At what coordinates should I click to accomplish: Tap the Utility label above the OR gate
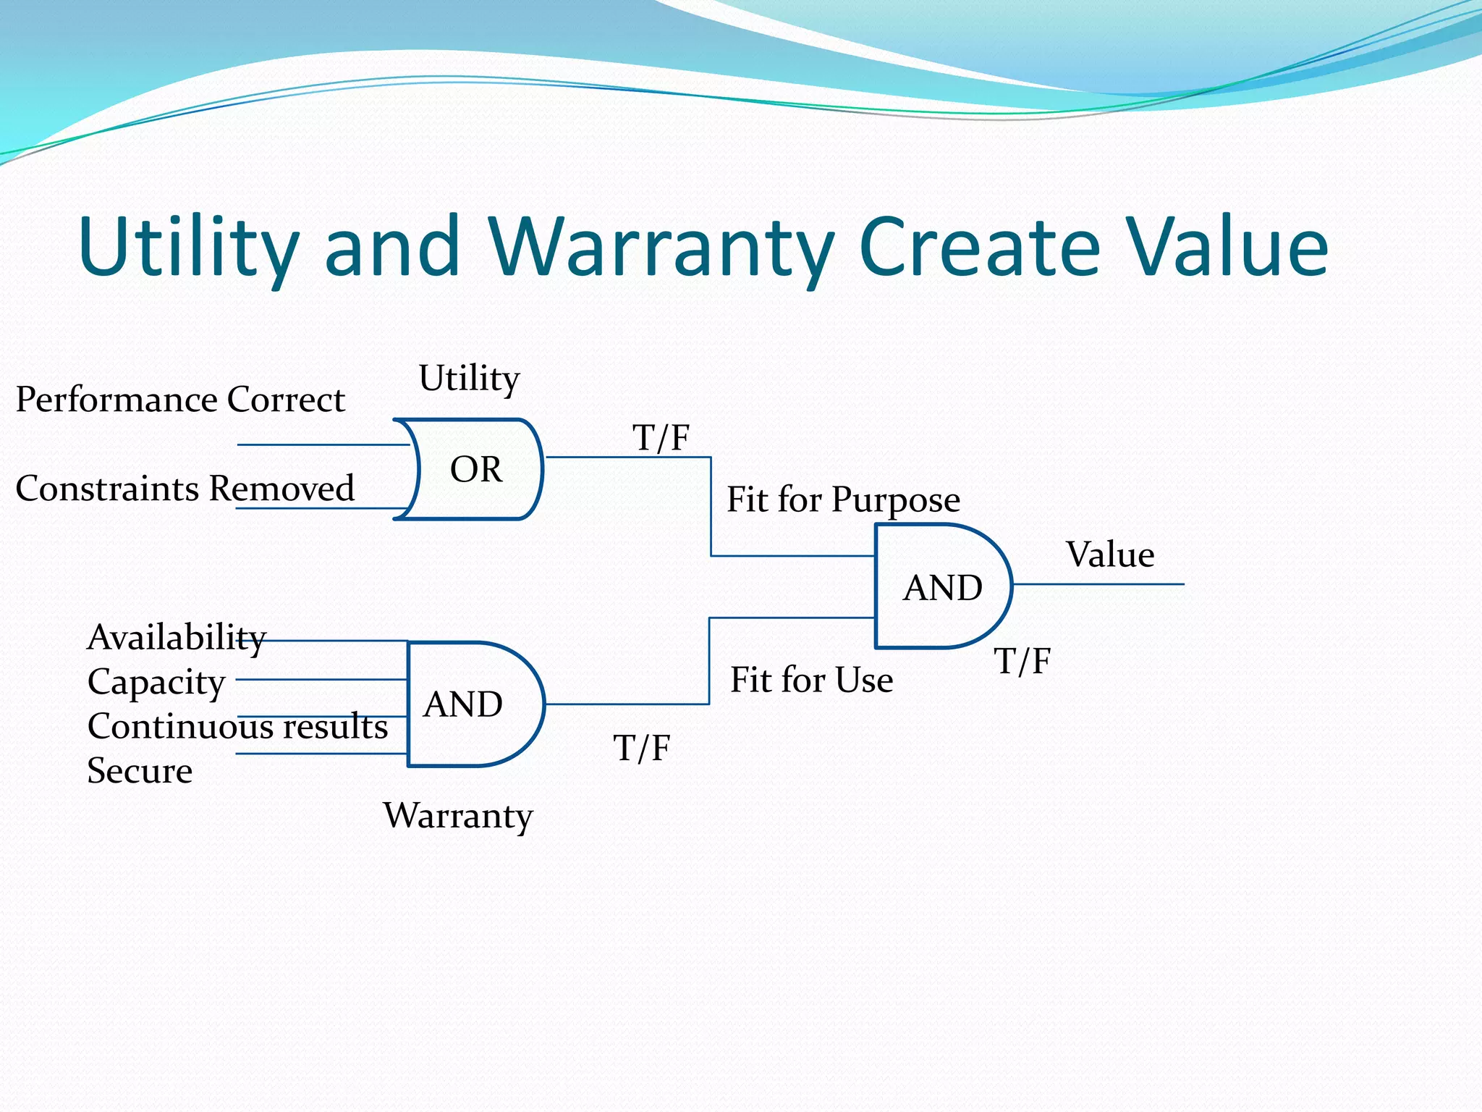click(x=469, y=379)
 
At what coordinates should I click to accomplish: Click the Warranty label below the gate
click(x=457, y=816)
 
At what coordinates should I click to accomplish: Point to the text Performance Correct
click(x=180, y=400)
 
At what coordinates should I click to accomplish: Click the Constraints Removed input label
click(x=185, y=488)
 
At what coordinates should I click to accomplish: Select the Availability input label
click(x=176, y=638)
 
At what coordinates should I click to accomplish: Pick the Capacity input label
click(x=156, y=682)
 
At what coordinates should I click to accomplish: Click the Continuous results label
click(x=237, y=726)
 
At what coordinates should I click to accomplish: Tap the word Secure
click(x=140, y=770)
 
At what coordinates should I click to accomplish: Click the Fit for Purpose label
click(x=843, y=500)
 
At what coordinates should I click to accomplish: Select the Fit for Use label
click(x=811, y=680)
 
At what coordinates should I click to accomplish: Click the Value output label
click(x=1110, y=555)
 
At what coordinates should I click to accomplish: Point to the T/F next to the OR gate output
click(x=661, y=438)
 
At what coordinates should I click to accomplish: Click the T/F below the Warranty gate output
click(x=641, y=748)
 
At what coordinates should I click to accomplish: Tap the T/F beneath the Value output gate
click(x=1022, y=661)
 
